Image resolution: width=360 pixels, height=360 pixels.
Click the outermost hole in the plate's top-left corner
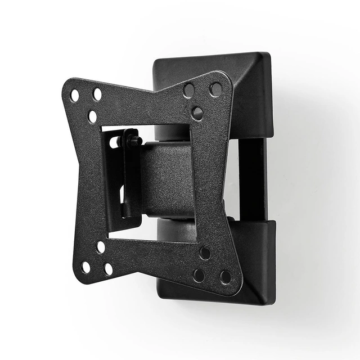[75, 96]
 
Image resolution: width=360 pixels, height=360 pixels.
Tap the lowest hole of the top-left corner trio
[92, 116]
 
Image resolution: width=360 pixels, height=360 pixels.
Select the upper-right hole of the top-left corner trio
[97, 94]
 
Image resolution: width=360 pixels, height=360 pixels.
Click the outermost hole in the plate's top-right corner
[215, 89]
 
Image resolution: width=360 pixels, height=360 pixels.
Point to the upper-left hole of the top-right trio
[189, 90]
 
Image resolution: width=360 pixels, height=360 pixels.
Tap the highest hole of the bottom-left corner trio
[101, 246]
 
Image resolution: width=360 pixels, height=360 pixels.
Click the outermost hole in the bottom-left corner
[86, 267]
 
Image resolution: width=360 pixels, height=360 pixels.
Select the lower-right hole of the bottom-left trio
[108, 269]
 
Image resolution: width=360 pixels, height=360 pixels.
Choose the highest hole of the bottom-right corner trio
[205, 253]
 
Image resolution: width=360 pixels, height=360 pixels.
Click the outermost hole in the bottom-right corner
[226, 277]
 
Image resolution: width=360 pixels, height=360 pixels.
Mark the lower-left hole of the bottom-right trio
[199, 275]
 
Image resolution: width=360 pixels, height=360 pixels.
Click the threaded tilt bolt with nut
[133, 138]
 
